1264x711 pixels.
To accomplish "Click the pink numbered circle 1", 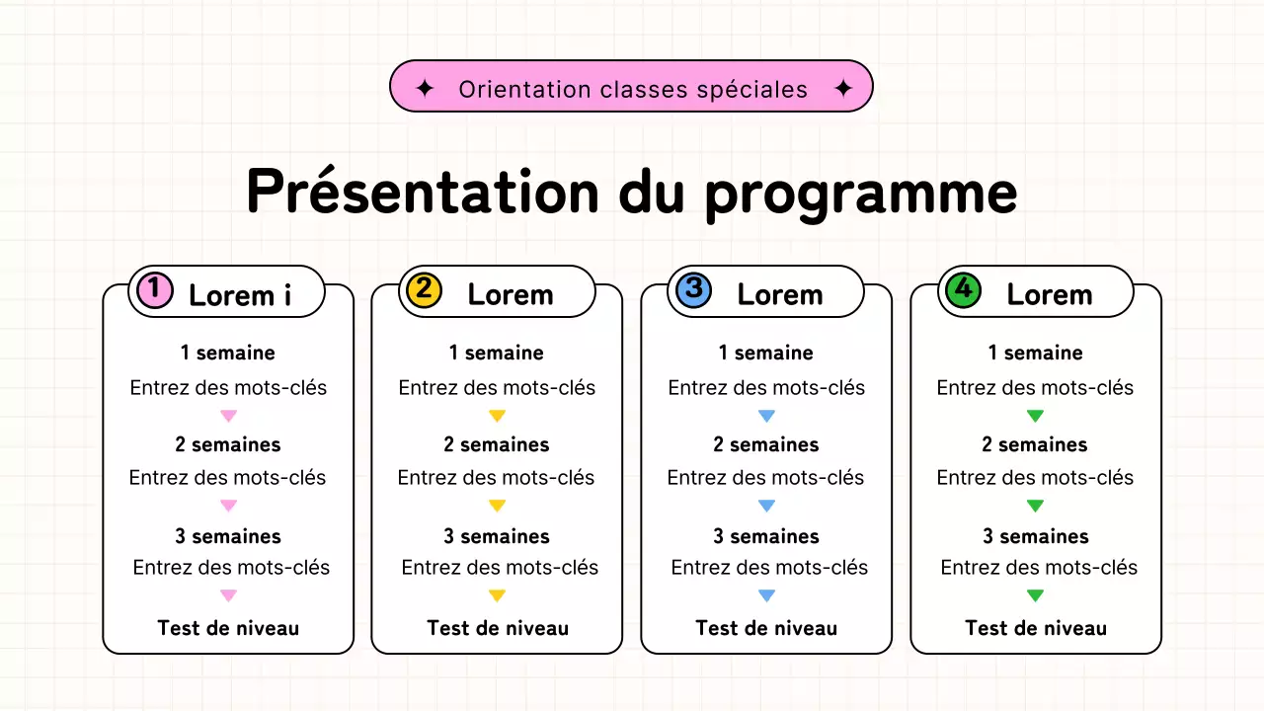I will coord(154,290).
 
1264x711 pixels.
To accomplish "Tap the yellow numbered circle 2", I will coord(424,290).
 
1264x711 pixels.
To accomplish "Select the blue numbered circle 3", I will coord(693,290).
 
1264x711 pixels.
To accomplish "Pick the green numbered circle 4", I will coord(963,290).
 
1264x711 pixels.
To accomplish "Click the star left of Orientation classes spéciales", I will coord(425,89).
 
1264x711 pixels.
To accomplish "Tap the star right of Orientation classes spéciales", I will coord(842,89).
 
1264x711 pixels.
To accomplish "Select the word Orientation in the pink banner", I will coord(524,90).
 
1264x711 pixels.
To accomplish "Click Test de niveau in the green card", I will coord(1036,628).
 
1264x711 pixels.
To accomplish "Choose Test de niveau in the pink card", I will coord(228,628).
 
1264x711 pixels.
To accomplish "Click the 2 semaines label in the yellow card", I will coord(497,444).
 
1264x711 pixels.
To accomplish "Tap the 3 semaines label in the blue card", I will coord(766,536).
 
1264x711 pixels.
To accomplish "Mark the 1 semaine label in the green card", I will coord(1036,353).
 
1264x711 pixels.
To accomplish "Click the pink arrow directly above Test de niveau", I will coord(228,595).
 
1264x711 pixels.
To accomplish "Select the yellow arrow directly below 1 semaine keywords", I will coord(497,416).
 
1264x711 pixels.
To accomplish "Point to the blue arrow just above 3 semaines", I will coord(766,506).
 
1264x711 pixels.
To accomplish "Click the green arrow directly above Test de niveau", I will coord(1035,595).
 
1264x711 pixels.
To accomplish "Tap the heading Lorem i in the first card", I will coord(240,295).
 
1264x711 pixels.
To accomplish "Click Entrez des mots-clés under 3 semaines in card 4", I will coord(1039,568).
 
